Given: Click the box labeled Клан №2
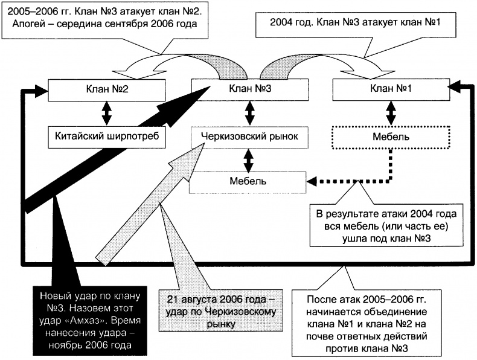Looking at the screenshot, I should (x=106, y=91).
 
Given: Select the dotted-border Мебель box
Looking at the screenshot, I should (x=391, y=137).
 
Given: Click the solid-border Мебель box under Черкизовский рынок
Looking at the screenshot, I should (x=248, y=181).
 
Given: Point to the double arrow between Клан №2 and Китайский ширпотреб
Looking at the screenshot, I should (x=106, y=114).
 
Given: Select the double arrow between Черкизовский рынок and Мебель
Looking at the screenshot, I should (x=248, y=159).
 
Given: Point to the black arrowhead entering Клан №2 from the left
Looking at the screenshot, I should (x=39, y=91).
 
